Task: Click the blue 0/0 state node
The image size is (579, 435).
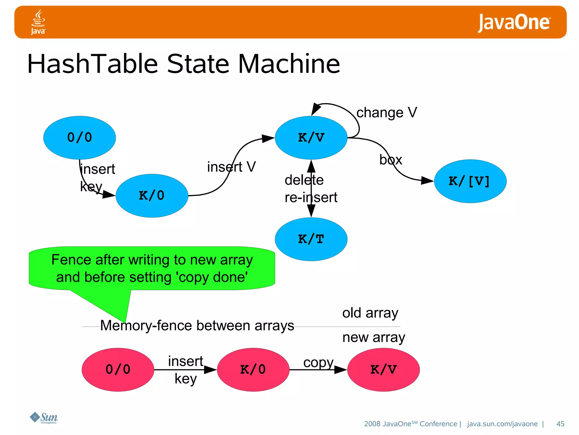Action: tap(79, 138)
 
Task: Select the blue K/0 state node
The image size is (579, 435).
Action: tap(152, 196)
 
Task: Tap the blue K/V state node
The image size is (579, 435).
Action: tap(311, 138)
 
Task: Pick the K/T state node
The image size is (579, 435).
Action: tap(311, 239)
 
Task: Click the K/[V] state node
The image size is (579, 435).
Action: tap(470, 181)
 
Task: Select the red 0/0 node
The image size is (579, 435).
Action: tap(118, 370)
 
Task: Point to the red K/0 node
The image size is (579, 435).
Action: tap(253, 370)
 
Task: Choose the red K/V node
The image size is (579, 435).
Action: tap(383, 370)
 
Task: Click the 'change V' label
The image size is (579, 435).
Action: tap(386, 113)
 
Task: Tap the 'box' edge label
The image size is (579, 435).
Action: tap(391, 160)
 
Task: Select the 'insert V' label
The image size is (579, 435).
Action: tap(231, 167)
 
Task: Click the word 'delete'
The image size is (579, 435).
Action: tap(304, 180)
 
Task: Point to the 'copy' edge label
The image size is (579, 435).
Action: tap(318, 363)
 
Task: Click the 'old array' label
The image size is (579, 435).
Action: tap(370, 313)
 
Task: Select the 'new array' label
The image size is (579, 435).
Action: tap(373, 338)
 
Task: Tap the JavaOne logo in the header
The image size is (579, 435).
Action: tap(514, 23)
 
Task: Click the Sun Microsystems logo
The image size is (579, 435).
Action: tap(44, 418)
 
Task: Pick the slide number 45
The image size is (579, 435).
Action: tap(560, 424)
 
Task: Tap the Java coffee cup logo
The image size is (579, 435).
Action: tap(38, 22)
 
